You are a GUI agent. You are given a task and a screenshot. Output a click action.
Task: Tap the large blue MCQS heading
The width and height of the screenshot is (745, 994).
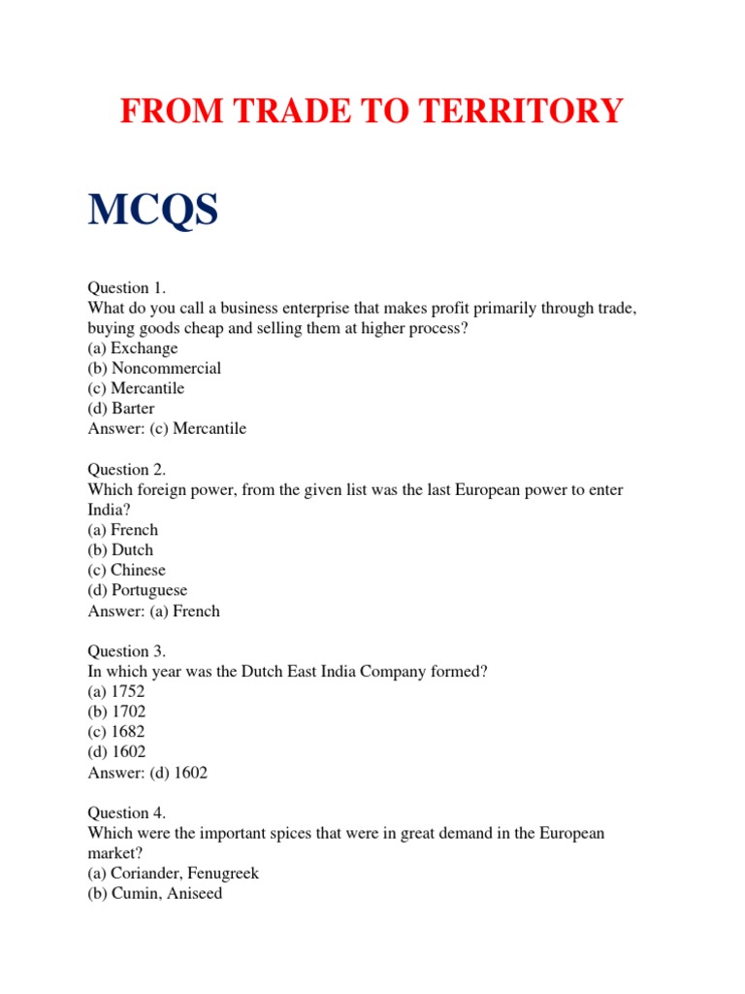coord(153,210)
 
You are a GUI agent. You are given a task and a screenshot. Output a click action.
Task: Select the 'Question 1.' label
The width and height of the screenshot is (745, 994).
coord(127,287)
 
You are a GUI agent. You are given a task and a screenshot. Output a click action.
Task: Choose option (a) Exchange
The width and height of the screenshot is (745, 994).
coord(133,348)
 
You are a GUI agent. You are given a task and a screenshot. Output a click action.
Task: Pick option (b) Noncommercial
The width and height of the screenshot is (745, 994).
coord(154,368)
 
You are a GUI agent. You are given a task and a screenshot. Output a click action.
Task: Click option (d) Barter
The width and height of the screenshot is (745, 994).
coord(121,408)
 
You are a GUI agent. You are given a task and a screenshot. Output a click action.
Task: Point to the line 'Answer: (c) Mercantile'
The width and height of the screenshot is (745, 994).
coord(167,428)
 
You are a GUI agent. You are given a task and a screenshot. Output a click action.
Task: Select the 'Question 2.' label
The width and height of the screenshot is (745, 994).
coord(127,469)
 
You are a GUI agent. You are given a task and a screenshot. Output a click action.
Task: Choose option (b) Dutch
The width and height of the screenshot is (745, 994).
coord(120,549)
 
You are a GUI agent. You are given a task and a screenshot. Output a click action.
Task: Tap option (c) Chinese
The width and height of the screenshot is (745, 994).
coord(126,570)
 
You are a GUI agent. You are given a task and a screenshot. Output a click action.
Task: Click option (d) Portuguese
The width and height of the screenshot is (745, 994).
coord(138,590)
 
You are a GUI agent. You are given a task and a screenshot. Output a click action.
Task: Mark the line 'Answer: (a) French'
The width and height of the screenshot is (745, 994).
coord(153,611)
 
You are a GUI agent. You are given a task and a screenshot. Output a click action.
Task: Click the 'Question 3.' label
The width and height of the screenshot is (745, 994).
coord(127,651)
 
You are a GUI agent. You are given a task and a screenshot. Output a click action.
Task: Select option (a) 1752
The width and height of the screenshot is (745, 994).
coord(116,692)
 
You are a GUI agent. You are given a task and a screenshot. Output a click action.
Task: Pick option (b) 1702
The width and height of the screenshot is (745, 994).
coord(116,712)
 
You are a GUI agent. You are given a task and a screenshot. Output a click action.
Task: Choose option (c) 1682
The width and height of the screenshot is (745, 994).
coord(116,732)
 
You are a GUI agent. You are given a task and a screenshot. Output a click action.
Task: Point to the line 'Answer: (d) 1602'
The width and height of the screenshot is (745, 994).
coord(147,773)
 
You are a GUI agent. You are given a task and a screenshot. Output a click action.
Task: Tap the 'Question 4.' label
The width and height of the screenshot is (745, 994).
coord(127,813)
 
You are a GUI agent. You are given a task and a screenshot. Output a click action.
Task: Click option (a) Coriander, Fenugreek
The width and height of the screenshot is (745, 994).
coord(174,874)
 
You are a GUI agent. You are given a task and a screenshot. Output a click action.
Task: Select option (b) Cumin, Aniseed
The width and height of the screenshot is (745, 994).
coord(155,893)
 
